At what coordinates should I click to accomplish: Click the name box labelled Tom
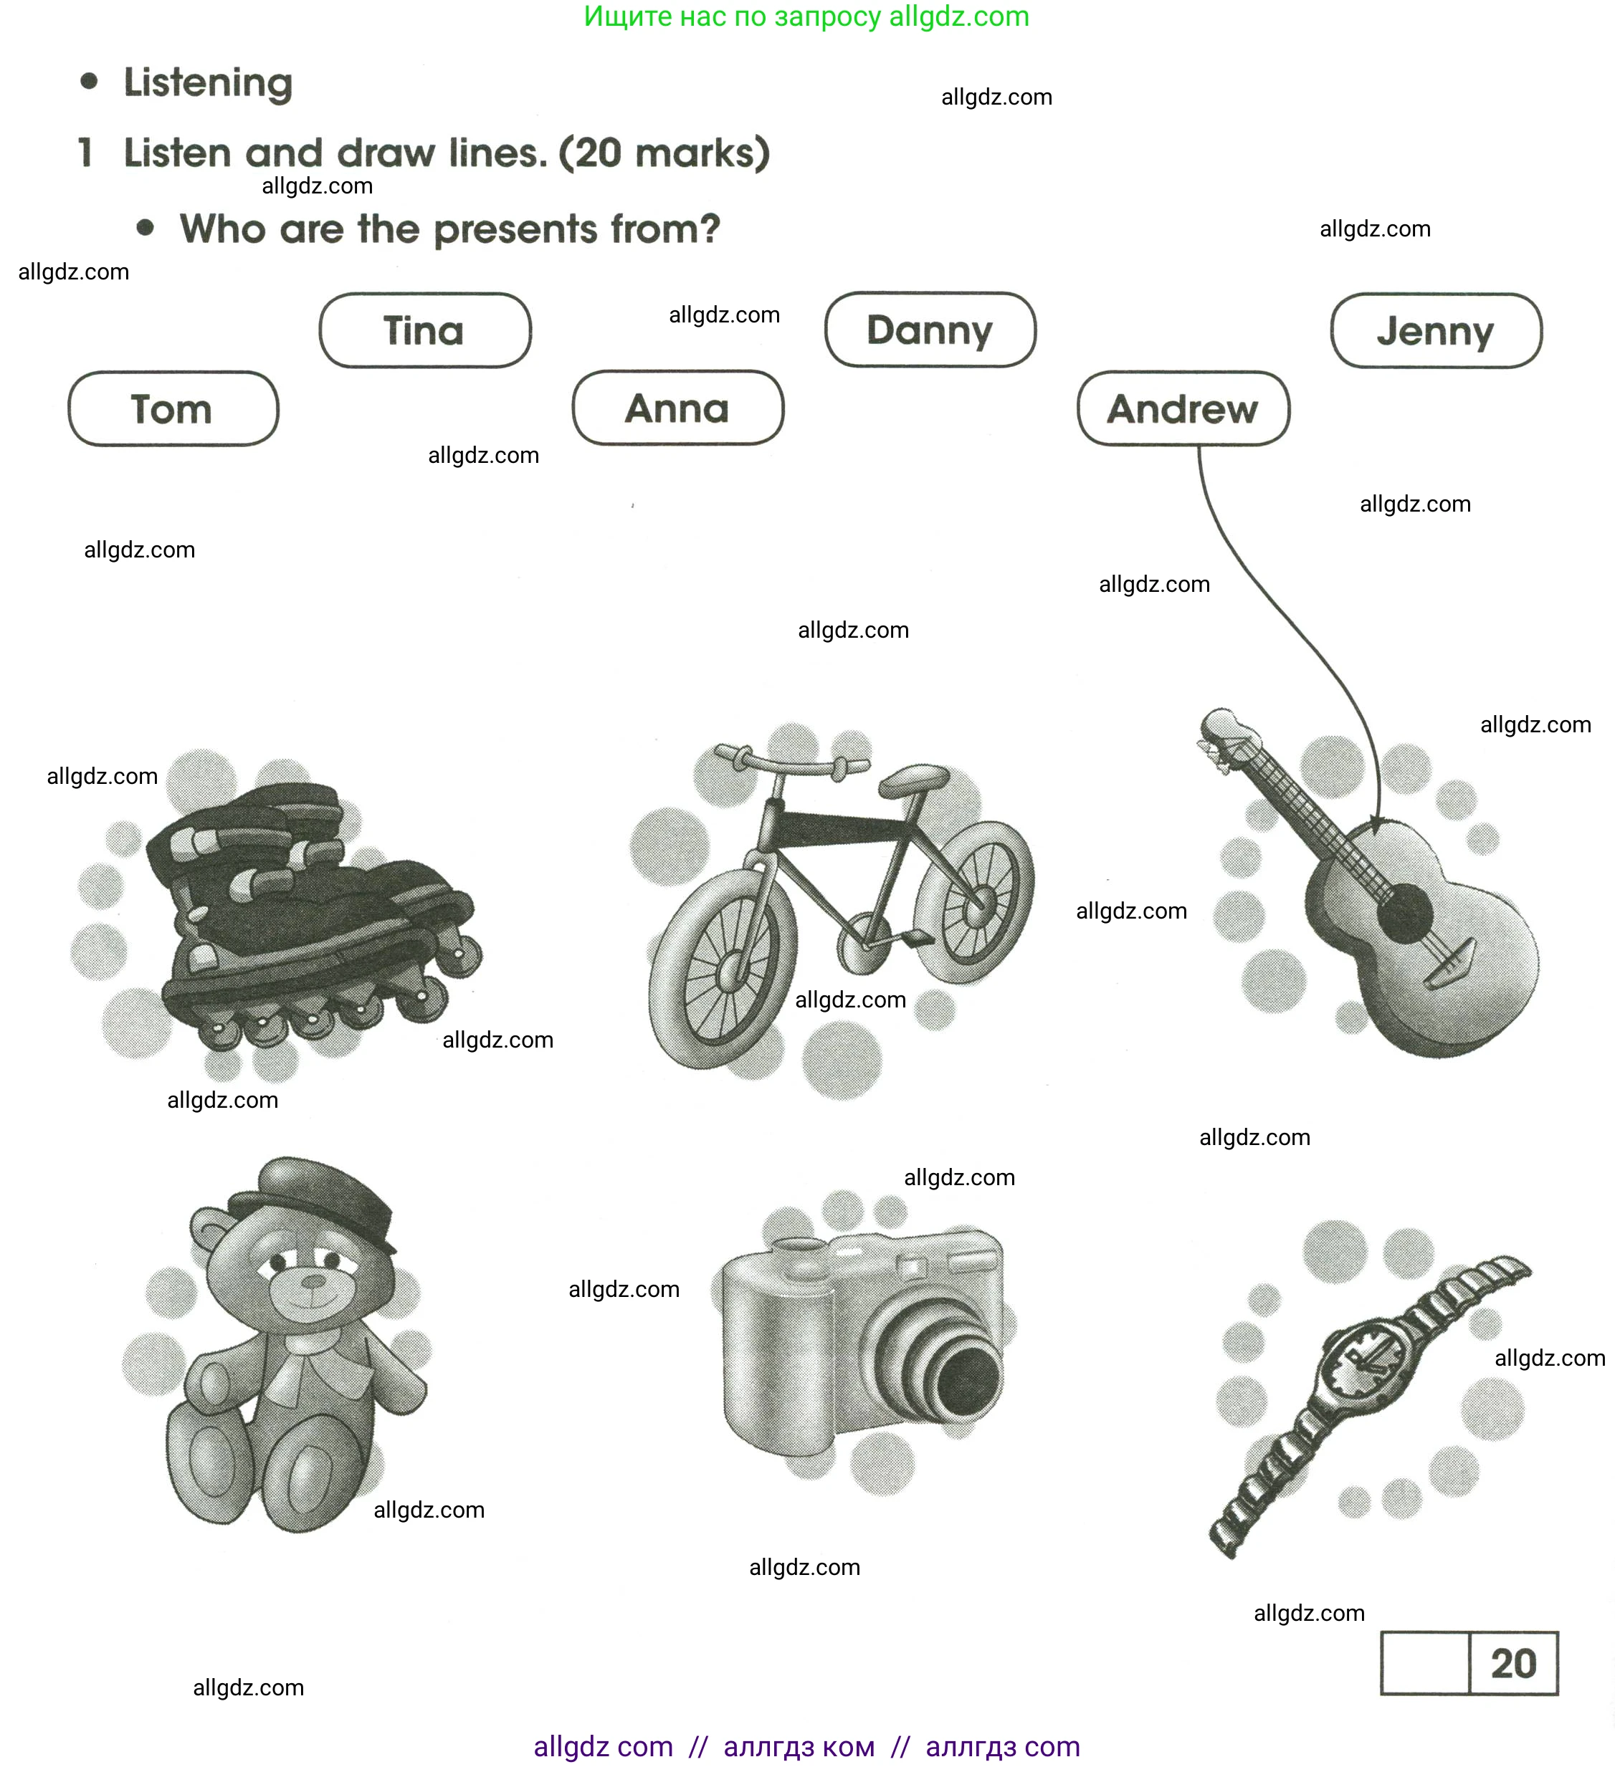(x=173, y=408)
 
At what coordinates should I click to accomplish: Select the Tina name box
(x=424, y=330)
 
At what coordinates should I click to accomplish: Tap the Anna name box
(x=677, y=408)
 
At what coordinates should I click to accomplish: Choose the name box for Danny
(x=930, y=330)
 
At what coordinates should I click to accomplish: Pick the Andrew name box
(x=1182, y=408)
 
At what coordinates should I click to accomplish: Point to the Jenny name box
(x=1435, y=330)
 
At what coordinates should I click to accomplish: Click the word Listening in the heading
(x=208, y=82)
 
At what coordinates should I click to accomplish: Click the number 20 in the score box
(x=1512, y=1662)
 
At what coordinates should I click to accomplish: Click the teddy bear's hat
(x=315, y=1190)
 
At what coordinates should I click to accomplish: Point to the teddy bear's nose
(x=313, y=1281)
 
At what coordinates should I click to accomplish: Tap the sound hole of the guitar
(x=1404, y=914)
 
